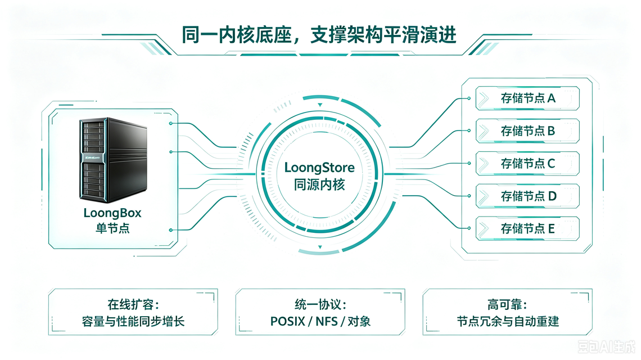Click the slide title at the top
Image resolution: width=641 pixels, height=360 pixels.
[x=319, y=35]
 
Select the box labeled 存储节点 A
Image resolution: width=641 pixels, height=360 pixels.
[x=527, y=98]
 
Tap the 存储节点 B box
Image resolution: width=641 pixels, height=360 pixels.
[x=527, y=131]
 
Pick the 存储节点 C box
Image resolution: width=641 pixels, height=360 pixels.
[x=527, y=164]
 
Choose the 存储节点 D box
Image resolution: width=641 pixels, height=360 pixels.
[x=527, y=196]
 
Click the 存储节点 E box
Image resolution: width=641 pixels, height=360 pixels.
[x=527, y=228]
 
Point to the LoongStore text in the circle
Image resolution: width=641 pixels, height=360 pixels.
[x=319, y=167]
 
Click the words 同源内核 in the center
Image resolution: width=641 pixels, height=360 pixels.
[x=319, y=185]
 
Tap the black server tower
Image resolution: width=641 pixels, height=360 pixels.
[x=113, y=160]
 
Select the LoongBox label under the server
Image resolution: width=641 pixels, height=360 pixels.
[x=112, y=213]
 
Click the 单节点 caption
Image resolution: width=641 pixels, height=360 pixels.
[x=112, y=228]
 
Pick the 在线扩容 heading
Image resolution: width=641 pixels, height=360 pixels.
[x=133, y=304]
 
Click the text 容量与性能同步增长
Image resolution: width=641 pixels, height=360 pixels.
[x=133, y=322]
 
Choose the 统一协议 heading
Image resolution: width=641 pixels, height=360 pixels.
[x=320, y=304]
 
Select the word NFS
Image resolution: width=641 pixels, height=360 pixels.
[x=327, y=322]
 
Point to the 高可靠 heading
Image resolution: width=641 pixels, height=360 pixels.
[x=507, y=304]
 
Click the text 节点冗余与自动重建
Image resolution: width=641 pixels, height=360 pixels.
[x=507, y=322]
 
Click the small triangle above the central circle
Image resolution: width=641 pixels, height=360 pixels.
[x=320, y=105]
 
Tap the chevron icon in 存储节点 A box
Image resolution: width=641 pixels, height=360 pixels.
[x=484, y=98]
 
